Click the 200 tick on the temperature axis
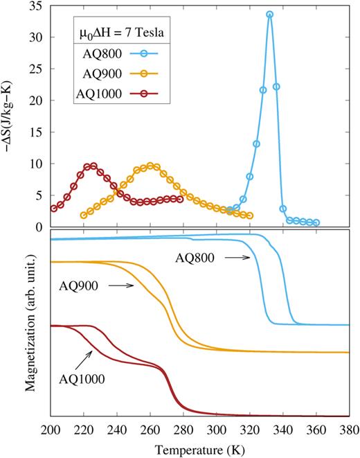coord(51,429)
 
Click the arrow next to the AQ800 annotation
coord(238,257)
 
